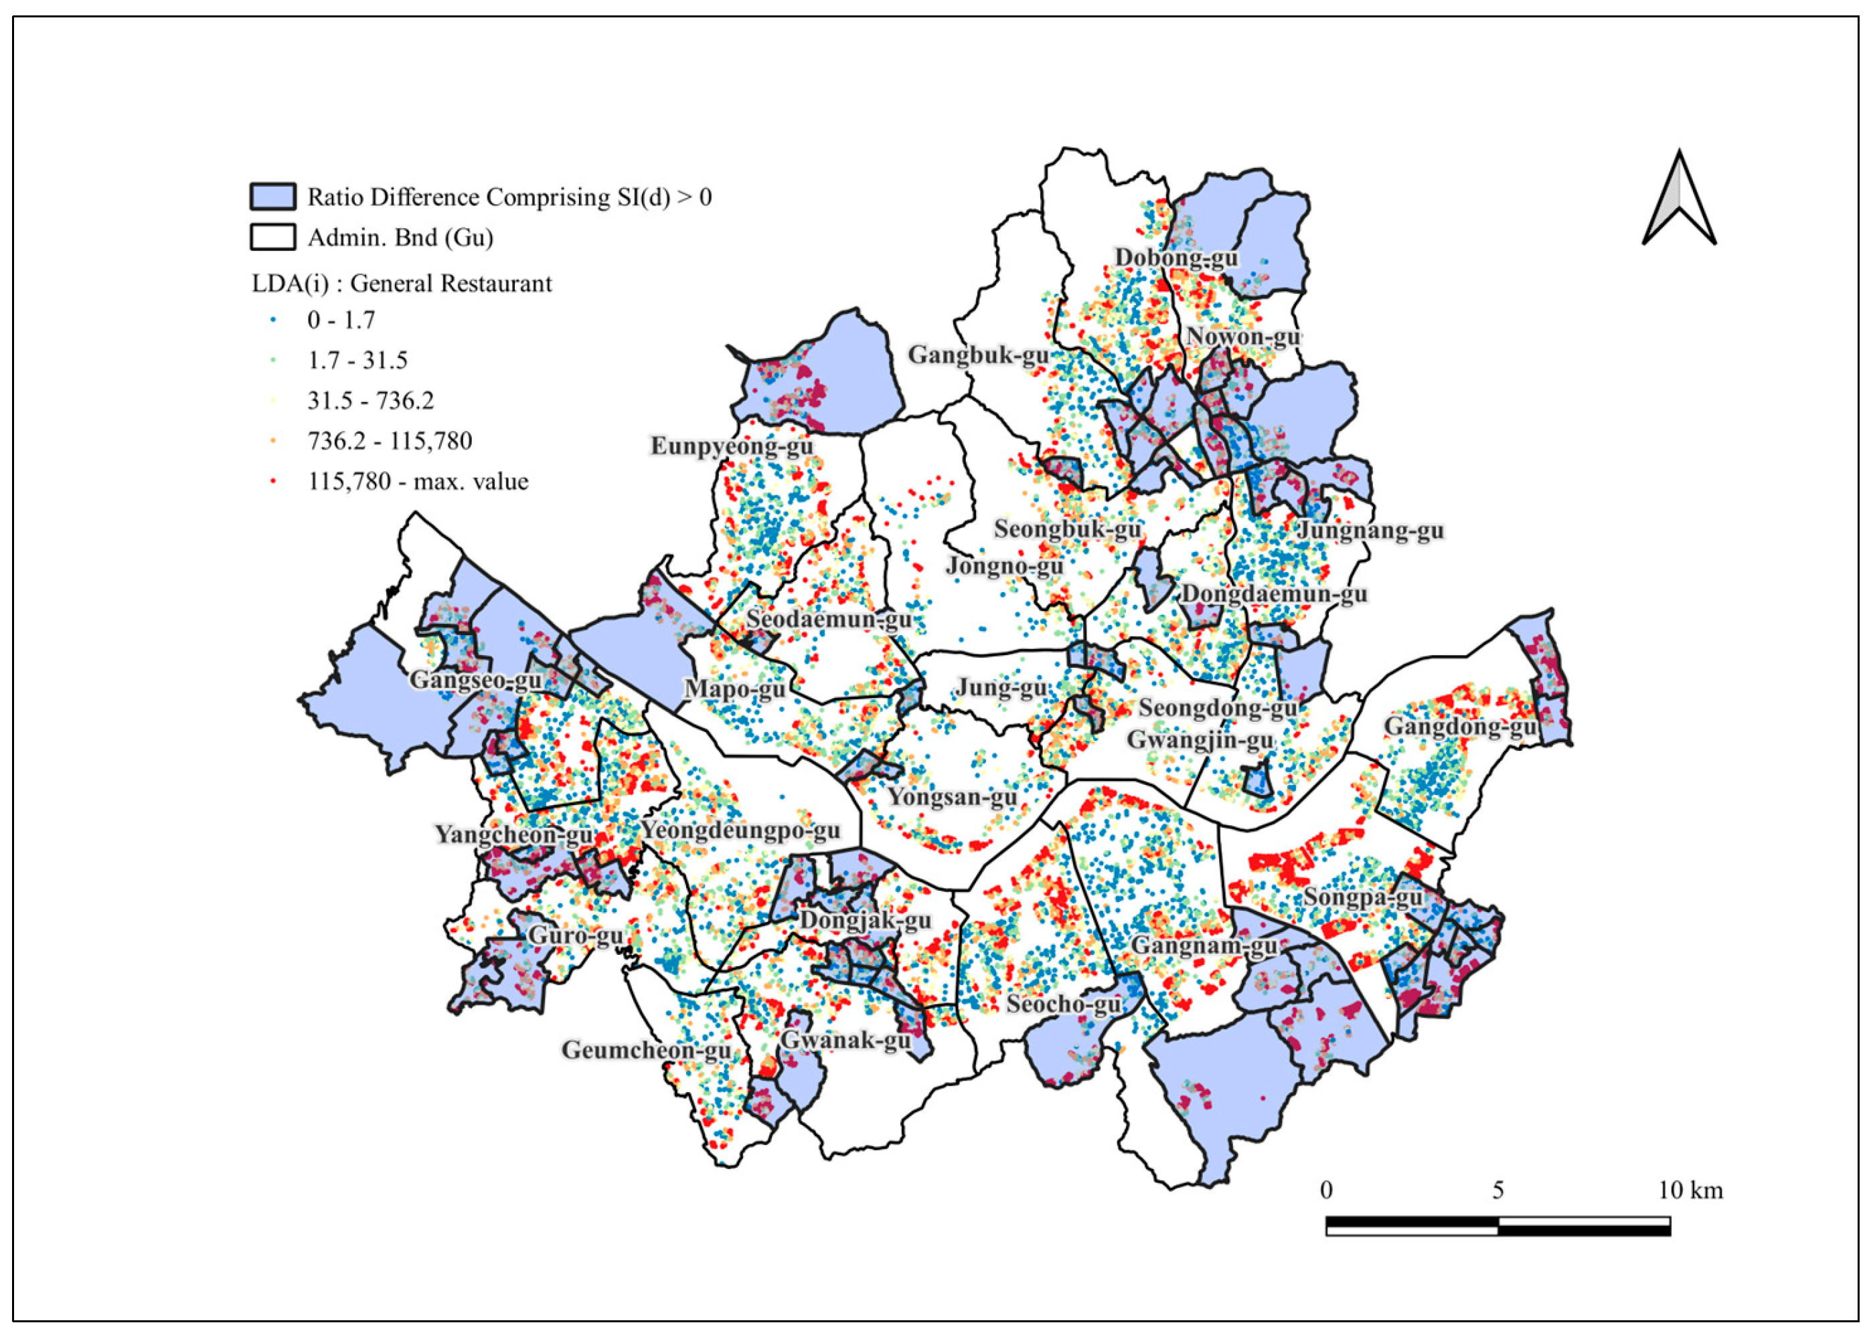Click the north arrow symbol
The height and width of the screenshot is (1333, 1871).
tap(1679, 199)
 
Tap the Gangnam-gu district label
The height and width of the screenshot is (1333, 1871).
tap(1204, 946)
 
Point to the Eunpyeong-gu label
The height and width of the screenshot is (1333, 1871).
tap(732, 446)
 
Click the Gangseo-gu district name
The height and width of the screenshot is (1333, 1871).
tap(475, 680)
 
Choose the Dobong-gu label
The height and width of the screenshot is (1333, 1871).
tap(1175, 258)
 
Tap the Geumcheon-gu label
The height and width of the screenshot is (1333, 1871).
tap(646, 1050)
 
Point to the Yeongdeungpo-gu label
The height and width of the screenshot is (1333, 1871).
tap(740, 830)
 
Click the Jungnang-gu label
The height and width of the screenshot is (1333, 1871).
tap(1370, 530)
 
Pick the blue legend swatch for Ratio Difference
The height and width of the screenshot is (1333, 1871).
tap(272, 197)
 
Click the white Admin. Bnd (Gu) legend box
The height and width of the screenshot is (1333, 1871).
tap(272, 237)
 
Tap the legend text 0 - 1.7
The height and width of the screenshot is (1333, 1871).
tap(341, 319)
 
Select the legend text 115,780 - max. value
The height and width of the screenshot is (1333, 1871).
tap(418, 481)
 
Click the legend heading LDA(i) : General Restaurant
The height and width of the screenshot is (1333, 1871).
tap(402, 283)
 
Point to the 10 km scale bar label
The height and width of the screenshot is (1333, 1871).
tap(1690, 1190)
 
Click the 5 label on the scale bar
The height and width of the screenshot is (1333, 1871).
tap(1497, 1190)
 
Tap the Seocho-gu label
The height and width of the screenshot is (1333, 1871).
tap(1063, 1004)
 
